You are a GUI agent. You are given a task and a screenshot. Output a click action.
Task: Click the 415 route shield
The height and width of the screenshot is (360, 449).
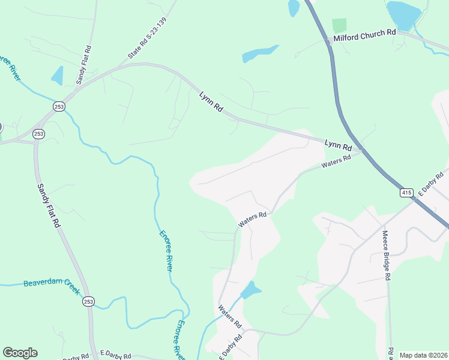(x=407, y=193)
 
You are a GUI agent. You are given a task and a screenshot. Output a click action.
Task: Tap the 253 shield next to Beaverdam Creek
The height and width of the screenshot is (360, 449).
(x=89, y=301)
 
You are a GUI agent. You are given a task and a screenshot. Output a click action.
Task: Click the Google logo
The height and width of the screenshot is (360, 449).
(x=20, y=353)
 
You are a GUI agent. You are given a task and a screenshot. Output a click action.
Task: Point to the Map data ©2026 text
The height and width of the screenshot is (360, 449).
(x=423, y=355)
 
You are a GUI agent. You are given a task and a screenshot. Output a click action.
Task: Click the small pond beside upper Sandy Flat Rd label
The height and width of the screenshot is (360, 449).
(x=58, y=76)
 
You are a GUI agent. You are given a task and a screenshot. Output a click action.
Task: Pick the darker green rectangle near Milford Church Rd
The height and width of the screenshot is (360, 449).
(x=339, y=25)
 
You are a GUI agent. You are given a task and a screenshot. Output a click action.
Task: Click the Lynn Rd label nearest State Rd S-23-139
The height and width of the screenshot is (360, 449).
(x=211, y=101)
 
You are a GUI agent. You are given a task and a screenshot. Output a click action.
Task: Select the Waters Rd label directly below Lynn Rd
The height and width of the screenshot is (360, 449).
(x=336, y=162)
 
